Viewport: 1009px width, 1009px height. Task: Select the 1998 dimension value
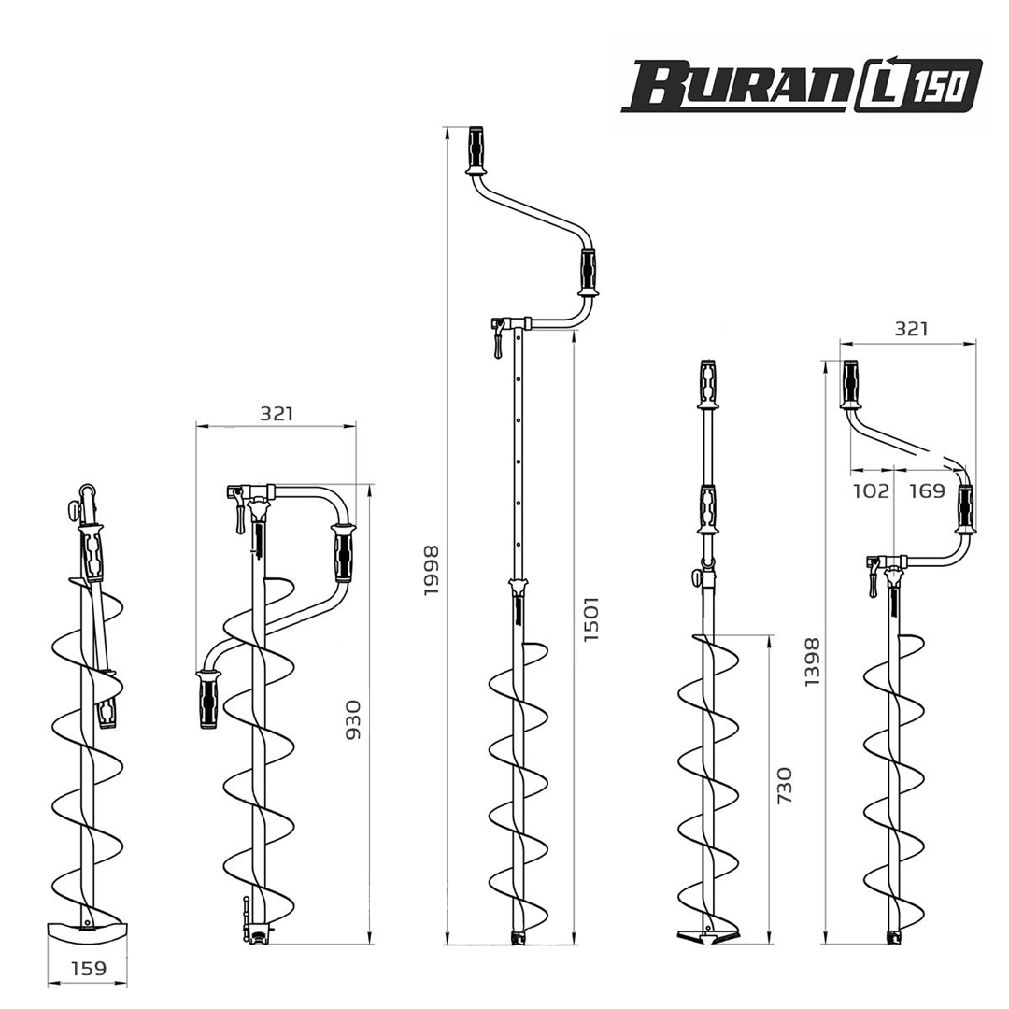click(x=431, y=570)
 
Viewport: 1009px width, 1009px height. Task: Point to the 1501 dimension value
click(x=590, y=618)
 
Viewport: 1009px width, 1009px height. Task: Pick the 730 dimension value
click(x=785, y=785)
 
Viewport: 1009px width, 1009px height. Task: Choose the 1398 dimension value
click(x=813, y=661)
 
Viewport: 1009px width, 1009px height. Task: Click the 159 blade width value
click(x=88, y=968)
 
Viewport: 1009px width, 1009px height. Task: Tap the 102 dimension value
click(x=871, y=491)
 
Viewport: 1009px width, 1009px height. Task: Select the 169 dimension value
click(x=927, y=491)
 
